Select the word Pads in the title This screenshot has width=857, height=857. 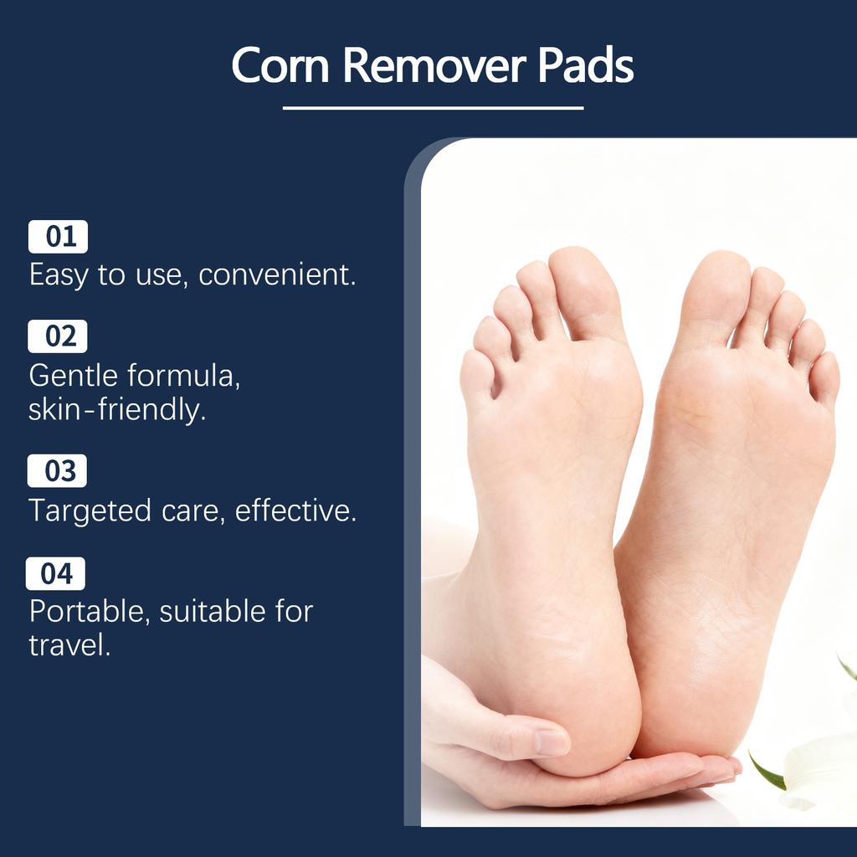tap(586, 64)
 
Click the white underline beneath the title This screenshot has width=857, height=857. tap(433, 107)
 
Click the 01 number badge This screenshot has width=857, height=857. tap(58, 237)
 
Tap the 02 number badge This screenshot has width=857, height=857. tap(58, 336)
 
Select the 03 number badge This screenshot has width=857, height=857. tap(58, 471)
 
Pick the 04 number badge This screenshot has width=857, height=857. tap(56, 574)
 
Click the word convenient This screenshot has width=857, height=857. tap(277, 275)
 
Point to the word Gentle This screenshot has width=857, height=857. tap(72, 376)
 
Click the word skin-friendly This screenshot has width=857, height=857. tap(117, 410)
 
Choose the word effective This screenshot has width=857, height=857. tap(295, 510)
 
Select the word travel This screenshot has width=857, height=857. tap(69, 645)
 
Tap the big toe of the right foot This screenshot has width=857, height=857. tap(716, 289)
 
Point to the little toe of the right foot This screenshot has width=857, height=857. tap(825, 377)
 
